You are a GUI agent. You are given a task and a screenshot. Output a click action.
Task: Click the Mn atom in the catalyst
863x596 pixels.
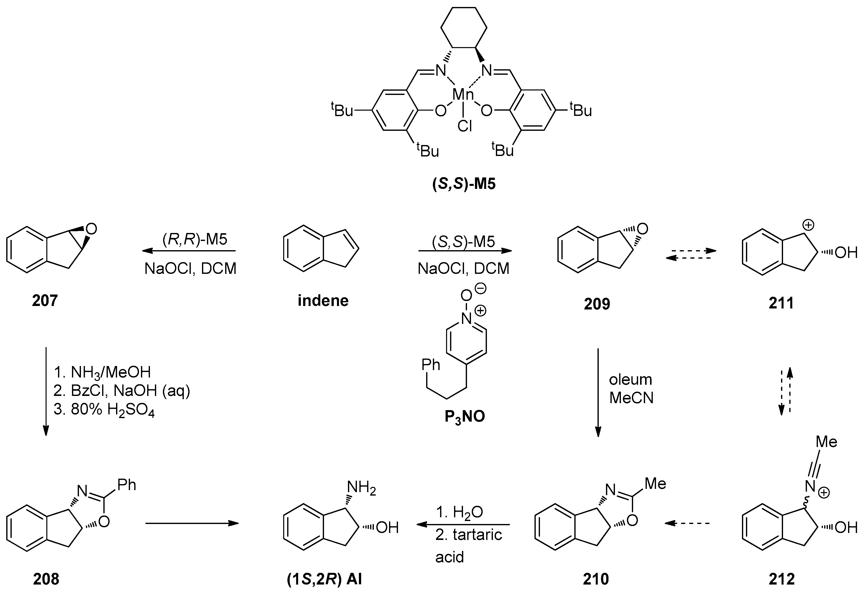pos(463,95)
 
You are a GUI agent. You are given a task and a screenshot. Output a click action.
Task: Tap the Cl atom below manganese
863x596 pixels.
pos(465,127)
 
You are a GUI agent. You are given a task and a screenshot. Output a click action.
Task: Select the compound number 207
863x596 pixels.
pos(45,300)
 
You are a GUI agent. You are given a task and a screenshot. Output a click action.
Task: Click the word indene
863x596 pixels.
pos(323,300)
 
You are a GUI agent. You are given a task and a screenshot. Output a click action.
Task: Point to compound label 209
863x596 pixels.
pos(597,303)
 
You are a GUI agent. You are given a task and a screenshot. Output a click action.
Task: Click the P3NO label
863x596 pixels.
pos(464,416)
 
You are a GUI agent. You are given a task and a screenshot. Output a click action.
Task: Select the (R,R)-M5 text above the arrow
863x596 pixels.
pos(195,239)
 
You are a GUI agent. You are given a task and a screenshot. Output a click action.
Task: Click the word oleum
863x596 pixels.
pos(630,379)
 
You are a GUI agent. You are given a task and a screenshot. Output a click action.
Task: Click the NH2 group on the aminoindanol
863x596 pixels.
pos(361,487)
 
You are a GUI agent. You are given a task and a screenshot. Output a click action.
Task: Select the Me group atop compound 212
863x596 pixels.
pos(826,442)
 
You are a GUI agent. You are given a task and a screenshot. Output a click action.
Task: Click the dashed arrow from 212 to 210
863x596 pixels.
pos(687,523)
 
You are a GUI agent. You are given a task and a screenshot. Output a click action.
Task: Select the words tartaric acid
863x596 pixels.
pos(468,546)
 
